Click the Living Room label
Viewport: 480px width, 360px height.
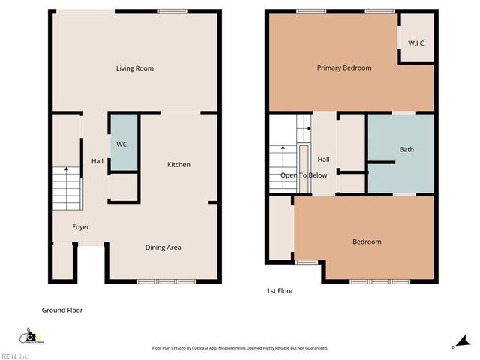tap(135, 68)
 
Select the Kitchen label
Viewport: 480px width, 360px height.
tap(178, 165)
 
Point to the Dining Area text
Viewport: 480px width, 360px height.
tap(163, 247)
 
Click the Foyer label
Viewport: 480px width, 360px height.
tap(81, 226)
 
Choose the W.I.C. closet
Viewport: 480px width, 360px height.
tap(416, 43)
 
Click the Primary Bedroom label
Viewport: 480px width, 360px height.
tap(344, 68)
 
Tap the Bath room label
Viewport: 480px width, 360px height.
tap(406, 150)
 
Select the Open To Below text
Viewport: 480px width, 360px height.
tap(304, 175)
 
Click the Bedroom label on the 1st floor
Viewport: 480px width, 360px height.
tap(367, 241)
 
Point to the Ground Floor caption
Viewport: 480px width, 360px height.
tap(61, 310)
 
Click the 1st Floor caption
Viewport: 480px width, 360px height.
tap(280, 290)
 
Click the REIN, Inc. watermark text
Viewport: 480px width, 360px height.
tap(15, 355)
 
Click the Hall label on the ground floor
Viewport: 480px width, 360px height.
tap(97, 161)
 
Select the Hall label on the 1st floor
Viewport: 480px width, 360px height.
tap(324, 160)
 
